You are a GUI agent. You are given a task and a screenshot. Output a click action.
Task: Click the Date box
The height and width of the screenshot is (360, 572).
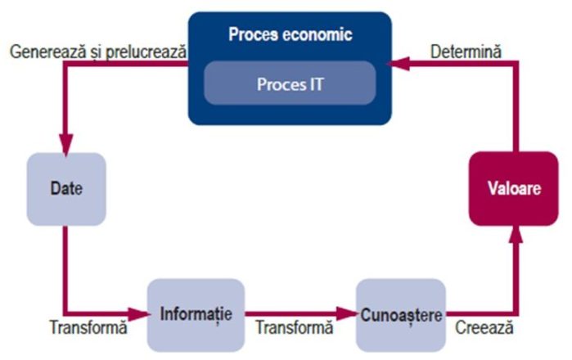click(x=67, y=188)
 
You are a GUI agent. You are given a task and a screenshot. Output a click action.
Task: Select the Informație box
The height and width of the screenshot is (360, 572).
click(x=196, y=314)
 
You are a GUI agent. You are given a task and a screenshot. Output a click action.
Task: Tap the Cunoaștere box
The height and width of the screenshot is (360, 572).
click(x=401, y=314)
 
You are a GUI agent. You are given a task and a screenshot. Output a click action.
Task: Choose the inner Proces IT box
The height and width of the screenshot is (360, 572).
click(x=290, y=83)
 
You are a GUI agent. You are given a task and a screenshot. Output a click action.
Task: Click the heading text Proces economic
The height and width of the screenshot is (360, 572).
click(x=290, y=36)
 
